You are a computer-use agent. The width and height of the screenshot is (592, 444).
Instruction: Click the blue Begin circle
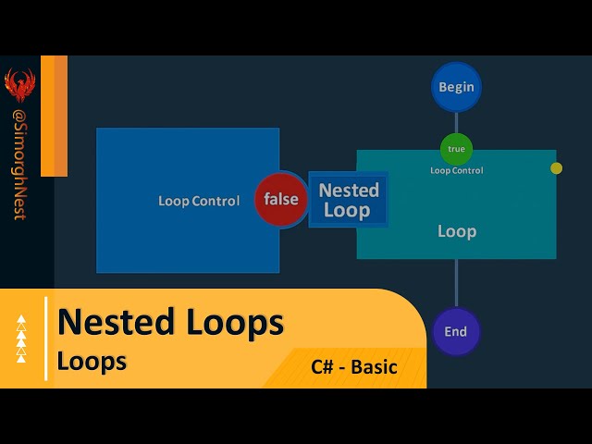click(x=456, y=87)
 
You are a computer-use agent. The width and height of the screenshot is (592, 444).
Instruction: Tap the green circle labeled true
click(x=456, y=149)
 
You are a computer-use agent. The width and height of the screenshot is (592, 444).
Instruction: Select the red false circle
click(x=281, y=199)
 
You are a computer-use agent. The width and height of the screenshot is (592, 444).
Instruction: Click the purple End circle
click(x=456, y=331)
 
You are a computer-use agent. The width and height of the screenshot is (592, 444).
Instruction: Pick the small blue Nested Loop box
click(x=349, y=200)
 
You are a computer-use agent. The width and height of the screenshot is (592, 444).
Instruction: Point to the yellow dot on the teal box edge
click(x=556, y=168)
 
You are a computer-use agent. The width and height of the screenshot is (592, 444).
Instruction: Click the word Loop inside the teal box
click(x=456, y=231)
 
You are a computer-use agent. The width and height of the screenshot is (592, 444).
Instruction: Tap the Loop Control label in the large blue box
click(x=199, y=201)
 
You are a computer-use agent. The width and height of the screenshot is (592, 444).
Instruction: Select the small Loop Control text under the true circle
click(x=456, y=170)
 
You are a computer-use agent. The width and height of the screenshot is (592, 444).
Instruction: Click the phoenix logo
click(x=19, y=86)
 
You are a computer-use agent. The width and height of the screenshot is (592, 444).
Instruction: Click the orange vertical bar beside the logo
click(x=54, y=116)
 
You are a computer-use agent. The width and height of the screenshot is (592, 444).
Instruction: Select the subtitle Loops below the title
click(x=92, y=361)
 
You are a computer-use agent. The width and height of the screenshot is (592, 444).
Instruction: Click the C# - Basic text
click(x=354, y=366)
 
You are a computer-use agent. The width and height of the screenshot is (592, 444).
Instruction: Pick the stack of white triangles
click(x=21, y=338)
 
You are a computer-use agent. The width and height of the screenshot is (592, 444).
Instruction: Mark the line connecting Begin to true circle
click(x=456, y=122)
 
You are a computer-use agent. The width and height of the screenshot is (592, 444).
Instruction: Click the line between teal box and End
click(x=456, y=282)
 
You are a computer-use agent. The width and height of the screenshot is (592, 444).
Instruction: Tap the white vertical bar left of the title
click(x=45, y=338)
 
